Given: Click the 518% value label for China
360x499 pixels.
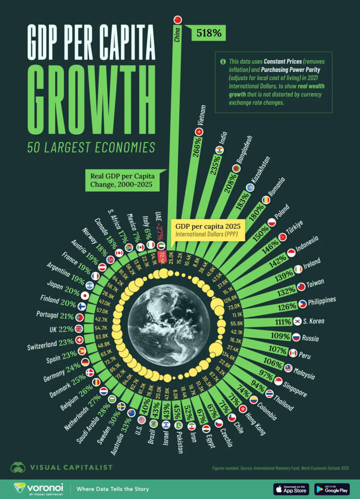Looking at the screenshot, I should pyautogui.click(x=208, y=34).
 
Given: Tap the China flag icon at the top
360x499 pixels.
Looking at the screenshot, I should pyautogui.click(x=177, y=20).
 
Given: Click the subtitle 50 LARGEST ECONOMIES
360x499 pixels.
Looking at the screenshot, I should pyautogui.click(x=91, y=148).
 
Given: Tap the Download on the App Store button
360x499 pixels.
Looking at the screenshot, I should pyautogui.click(x=291, y=489).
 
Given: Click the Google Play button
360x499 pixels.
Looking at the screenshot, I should pyautogui.click(x=332, y=489).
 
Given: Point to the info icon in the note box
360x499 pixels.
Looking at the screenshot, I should pyautogui.click(x=223, y=61).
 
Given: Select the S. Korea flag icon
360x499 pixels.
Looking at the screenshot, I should pyautogui.click(x=298, y=321).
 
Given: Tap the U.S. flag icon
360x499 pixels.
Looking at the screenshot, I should pyautogui.click(x=142, y=419).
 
